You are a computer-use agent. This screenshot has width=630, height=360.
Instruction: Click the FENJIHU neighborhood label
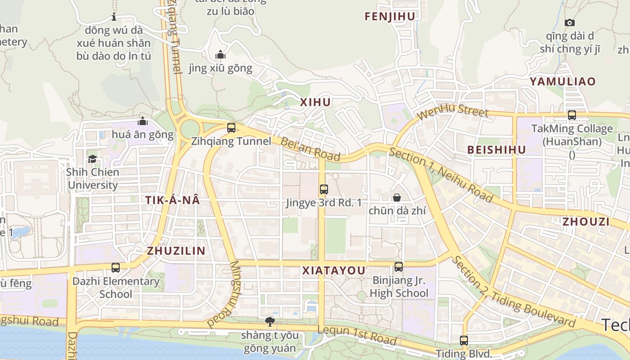tap(390, 16)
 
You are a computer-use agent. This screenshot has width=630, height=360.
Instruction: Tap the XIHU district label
tap(315, 102)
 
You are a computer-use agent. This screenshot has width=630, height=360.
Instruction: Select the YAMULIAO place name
tap(562, 81)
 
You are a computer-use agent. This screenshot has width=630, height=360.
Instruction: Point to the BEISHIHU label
tap(496, 150)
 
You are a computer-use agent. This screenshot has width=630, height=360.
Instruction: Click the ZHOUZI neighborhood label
tap(586, 221)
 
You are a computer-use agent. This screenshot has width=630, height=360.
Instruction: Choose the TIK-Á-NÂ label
tap(172, 201)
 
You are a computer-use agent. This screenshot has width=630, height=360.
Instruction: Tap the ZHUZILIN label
tap(176, 251)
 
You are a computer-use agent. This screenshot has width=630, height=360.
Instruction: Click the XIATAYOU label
tap(333, 270)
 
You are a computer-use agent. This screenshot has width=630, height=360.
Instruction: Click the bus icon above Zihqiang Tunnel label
tap(231, 128)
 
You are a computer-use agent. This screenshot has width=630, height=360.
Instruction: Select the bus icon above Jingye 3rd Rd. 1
tap(324, 189)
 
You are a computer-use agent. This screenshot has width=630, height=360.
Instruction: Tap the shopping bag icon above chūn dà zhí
tap(397, 198)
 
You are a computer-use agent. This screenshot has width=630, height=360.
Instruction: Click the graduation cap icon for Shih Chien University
tap(92, 159)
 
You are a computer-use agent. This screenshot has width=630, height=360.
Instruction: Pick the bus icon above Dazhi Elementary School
tap(116, 268)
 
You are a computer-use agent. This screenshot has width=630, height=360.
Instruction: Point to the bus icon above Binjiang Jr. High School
tap(399, 267)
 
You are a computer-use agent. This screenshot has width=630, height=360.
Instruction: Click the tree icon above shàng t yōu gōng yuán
tap(270, 322)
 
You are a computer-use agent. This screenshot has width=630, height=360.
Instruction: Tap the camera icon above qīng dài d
tap(570, 22)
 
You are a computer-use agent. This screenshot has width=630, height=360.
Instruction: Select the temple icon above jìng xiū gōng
tap(220, 55)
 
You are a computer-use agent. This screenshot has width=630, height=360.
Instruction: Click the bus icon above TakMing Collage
tap(572, 115)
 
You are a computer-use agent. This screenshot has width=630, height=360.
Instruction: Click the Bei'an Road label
tap(310, 149)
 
